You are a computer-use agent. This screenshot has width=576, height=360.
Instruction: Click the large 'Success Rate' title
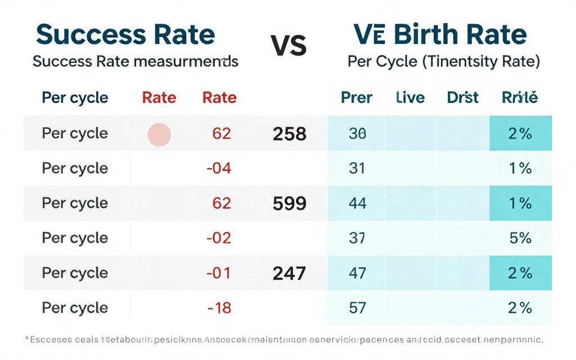(125, 35)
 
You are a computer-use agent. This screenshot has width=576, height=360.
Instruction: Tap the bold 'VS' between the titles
(289, 46)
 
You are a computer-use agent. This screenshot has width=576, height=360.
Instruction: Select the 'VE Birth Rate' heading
(440, 35)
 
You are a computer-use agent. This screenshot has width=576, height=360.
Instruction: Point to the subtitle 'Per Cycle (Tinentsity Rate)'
(444, 61)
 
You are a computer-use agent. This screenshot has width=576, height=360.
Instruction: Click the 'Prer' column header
(357, 98)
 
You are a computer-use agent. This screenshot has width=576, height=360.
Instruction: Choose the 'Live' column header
(410, 98)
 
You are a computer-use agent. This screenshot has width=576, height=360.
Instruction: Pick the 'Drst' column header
(462, 98)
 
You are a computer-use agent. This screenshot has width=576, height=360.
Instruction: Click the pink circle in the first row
(159, 134)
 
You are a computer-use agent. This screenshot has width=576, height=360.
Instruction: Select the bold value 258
(289, 134)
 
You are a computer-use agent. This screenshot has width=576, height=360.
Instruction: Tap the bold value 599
(289, 203)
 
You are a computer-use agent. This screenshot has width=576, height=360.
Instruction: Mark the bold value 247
(289, 273)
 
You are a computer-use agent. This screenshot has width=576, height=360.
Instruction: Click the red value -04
(219, 168)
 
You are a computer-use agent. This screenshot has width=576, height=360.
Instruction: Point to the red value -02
(219, 238)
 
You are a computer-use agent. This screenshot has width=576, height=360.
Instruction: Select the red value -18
(219, 308)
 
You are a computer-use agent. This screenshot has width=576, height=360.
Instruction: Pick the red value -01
(219, 273)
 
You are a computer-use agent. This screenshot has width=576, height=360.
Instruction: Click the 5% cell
(520, 238)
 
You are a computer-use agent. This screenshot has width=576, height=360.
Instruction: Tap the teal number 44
(357, 203)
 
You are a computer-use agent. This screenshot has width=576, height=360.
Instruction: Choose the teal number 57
(357, 308)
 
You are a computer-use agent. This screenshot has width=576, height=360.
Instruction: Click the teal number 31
(357, 168)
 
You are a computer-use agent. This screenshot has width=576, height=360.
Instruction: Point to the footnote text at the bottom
(284, 340)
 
